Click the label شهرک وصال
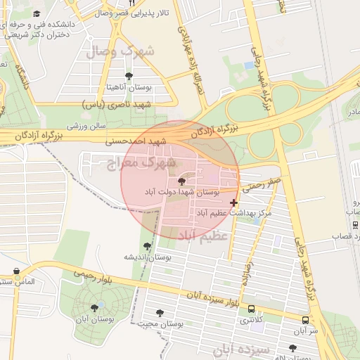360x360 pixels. (120, 52)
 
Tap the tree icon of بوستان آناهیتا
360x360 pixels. (128, 76)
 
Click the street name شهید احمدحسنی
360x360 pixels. (138, 141)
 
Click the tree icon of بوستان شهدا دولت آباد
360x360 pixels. (182, 181)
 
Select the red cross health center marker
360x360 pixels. (234, 202)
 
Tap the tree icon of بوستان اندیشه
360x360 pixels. (147, 246)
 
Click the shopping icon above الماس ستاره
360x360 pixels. (16, 271)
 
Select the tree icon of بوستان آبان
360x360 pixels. (94, 307)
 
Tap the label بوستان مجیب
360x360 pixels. (160, 324)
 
